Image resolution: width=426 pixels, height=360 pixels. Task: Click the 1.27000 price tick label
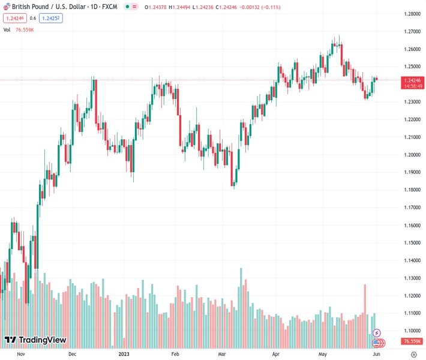(x=412, y=31)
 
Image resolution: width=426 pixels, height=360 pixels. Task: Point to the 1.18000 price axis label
(x=412, y=190)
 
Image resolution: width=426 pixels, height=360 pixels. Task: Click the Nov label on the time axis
(x=20, y=354)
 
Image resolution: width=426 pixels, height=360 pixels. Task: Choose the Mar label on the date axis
(x=222, y=354)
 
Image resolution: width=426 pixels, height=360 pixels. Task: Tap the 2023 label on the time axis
(x=124, y=354)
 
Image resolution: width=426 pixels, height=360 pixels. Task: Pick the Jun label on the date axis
(x=376, y=354)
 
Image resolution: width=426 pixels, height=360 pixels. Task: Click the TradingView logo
(x=35, y=341)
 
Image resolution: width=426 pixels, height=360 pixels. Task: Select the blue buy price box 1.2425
(x=52, y=18)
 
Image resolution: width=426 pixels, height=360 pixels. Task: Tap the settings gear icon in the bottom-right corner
(x=413, y=354)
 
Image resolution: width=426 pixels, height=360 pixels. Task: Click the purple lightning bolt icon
(x=376, y=332)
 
